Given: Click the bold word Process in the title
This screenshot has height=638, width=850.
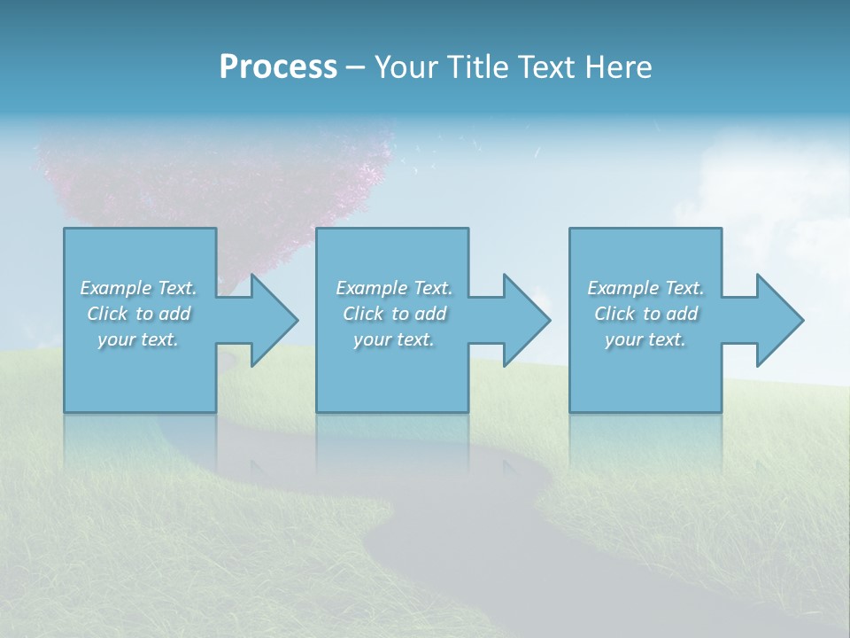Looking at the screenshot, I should tap(278, 67).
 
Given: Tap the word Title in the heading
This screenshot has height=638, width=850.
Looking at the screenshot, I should tap(473, 67).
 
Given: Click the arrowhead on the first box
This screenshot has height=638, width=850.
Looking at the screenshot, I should tap(271, 320).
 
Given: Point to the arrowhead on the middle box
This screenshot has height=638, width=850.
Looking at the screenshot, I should tap(524, 320).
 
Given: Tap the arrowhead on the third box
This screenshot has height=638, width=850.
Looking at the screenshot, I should tap(777, 320).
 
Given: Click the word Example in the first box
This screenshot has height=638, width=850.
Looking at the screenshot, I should tap(116, 288).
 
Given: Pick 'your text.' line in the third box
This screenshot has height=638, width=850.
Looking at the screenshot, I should tap(645, 339).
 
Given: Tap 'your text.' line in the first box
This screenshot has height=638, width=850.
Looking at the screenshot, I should tap(138, 339).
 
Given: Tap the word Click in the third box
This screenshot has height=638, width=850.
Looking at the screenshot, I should tap(614, 314).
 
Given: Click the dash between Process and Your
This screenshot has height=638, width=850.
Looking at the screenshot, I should tap(356, 67).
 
